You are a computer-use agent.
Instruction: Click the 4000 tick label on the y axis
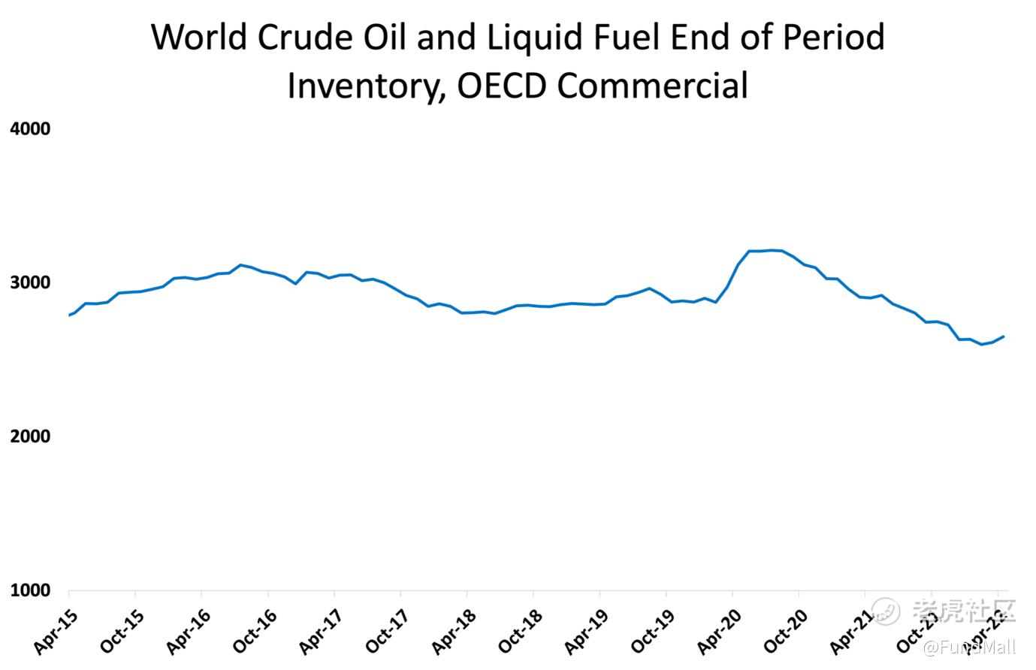(30, 129)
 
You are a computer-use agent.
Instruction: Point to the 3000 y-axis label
(30, 283)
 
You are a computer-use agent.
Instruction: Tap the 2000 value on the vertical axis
(30, 437)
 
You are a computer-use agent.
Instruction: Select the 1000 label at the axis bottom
(30, 591)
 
